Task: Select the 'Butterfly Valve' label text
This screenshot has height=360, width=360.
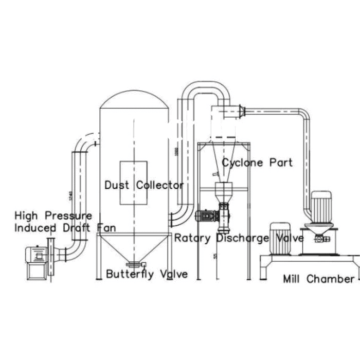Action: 147,274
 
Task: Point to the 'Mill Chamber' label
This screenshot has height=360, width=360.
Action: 319,279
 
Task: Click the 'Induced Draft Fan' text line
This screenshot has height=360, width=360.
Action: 65,227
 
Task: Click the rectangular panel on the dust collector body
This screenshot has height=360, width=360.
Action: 133,183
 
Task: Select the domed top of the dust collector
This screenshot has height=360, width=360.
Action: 134,101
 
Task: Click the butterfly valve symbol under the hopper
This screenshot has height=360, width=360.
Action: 134,265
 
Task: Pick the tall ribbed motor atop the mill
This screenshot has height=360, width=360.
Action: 320,207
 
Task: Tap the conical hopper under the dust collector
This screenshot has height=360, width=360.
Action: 134,247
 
